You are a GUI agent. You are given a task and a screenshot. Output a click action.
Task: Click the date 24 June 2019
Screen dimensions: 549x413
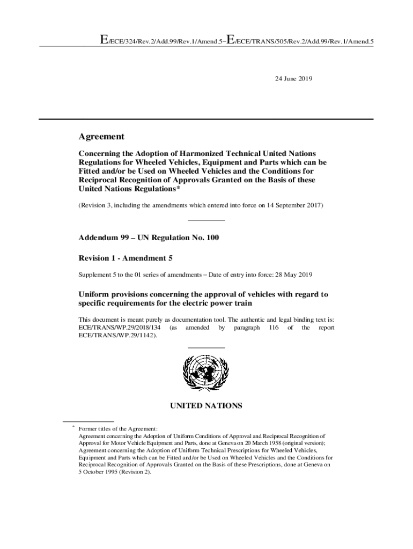click(293, 78)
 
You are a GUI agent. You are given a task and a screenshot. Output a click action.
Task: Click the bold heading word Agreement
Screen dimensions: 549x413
click(101, 136)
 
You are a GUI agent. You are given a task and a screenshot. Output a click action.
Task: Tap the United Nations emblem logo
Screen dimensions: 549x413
click(206, 374)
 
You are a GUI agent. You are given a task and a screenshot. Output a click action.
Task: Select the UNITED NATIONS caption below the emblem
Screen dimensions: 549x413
click(206, 406)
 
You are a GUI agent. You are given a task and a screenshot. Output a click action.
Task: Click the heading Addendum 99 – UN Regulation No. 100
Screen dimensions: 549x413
click(149, 237)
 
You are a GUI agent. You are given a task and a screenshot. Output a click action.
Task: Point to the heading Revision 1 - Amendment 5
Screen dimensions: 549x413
click(126, 258)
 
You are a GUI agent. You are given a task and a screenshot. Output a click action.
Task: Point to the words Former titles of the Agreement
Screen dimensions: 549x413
click(118, 429)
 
